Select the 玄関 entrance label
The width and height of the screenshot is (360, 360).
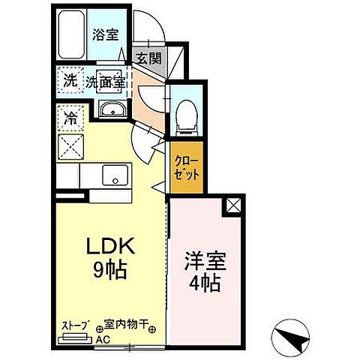(148, 58)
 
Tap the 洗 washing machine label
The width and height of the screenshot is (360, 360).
(69, 82)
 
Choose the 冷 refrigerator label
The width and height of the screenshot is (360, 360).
(69, 118)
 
